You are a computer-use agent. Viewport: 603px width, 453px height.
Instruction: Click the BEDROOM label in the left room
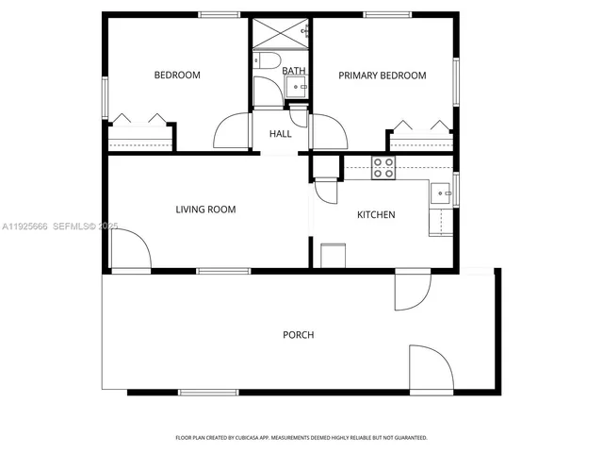[177, 75]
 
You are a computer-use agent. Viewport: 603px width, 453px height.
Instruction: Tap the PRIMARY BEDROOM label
[383, 75]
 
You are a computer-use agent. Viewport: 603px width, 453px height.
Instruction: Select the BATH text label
[294, 71]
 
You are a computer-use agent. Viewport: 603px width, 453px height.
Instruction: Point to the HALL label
[281, 134]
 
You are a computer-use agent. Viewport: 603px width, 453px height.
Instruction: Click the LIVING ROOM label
[205, 210]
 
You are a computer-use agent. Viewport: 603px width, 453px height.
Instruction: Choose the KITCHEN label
[376, 215]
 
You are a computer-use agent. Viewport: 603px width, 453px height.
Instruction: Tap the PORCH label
[298, 335]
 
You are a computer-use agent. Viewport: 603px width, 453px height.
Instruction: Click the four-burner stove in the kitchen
[383, 168]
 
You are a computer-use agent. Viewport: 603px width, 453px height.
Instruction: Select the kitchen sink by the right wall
[441, 193]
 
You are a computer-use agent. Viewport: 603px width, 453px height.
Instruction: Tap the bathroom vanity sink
[298, 87]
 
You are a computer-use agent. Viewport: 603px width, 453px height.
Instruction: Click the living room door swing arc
[130, 250]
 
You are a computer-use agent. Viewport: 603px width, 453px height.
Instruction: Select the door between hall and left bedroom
[232, 131]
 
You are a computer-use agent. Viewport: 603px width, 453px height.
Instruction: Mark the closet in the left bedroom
[140, 136]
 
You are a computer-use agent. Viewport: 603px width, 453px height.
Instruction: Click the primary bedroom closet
[421, 138]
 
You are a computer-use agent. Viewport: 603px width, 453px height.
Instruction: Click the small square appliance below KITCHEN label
[334, 256]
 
